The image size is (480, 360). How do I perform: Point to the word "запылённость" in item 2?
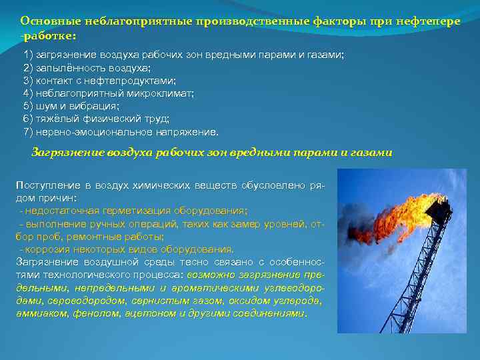67,67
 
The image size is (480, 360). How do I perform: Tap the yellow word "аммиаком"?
36,313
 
